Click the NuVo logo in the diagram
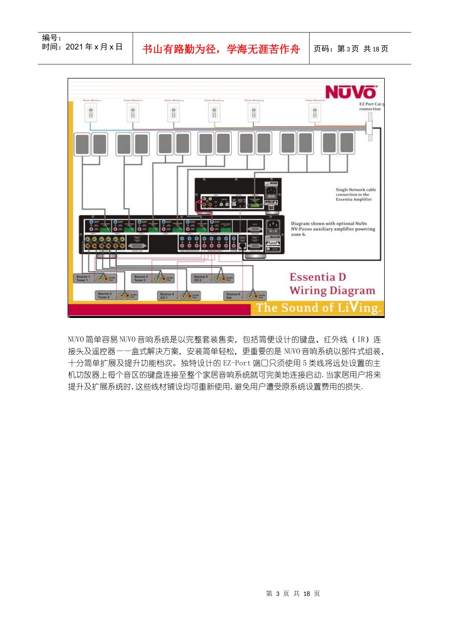350,92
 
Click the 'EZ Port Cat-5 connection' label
371,106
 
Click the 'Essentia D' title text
318,277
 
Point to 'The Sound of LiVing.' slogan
318,308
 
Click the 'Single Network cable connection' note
355,194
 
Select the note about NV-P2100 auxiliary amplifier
332,229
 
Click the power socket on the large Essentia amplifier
273,226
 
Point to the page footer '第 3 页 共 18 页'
293,593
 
